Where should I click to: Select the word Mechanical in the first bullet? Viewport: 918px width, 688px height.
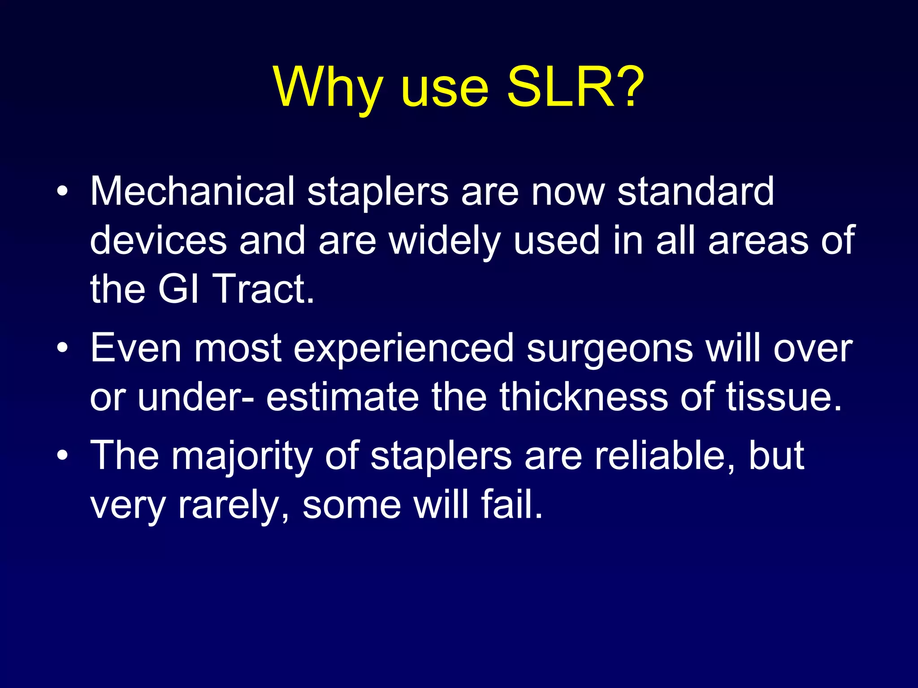pos(192,191)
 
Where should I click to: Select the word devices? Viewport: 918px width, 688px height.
pos(158,241)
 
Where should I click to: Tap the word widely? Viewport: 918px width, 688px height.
pos(444,241)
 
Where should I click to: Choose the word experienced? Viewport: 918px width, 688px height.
pos(403,348)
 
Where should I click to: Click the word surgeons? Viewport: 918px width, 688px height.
pos(610,348)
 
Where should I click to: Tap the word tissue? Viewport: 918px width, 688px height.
pos(784,397)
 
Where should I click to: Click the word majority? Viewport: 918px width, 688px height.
pos(242,456)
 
